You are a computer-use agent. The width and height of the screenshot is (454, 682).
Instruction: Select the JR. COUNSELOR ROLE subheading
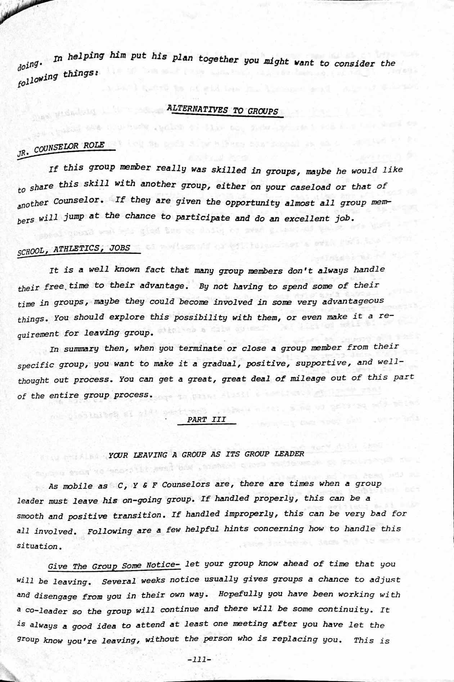pos(61,149)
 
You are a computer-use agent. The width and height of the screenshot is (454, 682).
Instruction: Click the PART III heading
pos(207,419)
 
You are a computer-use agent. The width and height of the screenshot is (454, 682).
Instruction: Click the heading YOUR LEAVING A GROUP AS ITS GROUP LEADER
pos(206,454)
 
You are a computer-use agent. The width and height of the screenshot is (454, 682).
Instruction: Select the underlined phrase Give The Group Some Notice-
pos(114,566)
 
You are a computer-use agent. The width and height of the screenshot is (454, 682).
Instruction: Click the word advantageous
pos(353,301)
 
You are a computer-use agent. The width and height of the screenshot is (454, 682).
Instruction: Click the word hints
pos(237,529)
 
